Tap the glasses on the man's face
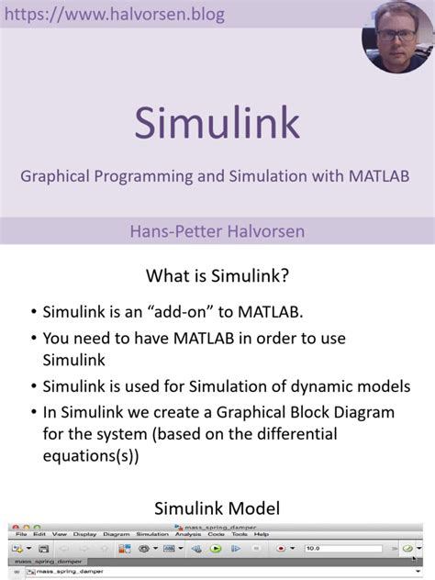396,30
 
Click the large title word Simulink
217,122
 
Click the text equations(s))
91,455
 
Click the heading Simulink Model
217,507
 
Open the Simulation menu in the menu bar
152,534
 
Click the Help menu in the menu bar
262,534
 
